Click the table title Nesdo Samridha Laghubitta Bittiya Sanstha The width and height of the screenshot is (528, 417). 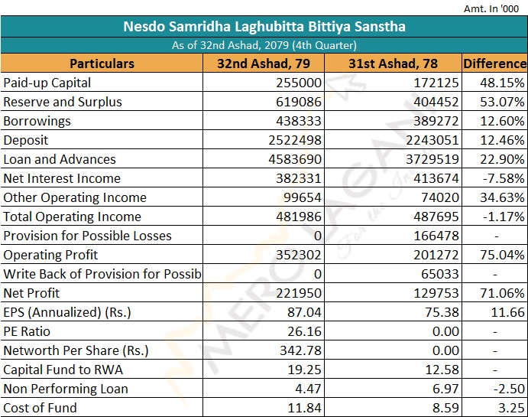[x=264, y=27]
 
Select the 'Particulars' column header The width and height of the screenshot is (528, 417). [x=102, y=64]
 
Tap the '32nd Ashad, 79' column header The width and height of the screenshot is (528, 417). [x=264, y=64]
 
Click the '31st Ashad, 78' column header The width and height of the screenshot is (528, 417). [x=393, y=64]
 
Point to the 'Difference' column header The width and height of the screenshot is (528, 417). [x=494, y=64]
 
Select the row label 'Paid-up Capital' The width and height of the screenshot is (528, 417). [x=47, y=83]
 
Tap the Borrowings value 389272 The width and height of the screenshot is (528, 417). [x=433, y=121]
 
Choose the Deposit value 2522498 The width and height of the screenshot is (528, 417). [x=290, y=140]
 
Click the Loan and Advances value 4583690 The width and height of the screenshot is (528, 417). [x=290, y=159]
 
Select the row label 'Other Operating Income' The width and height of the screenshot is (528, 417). [x=75, y=197]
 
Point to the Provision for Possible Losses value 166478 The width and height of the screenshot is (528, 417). [x=433, y=236]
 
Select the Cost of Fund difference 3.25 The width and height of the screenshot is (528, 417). [x=509, y=408]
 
